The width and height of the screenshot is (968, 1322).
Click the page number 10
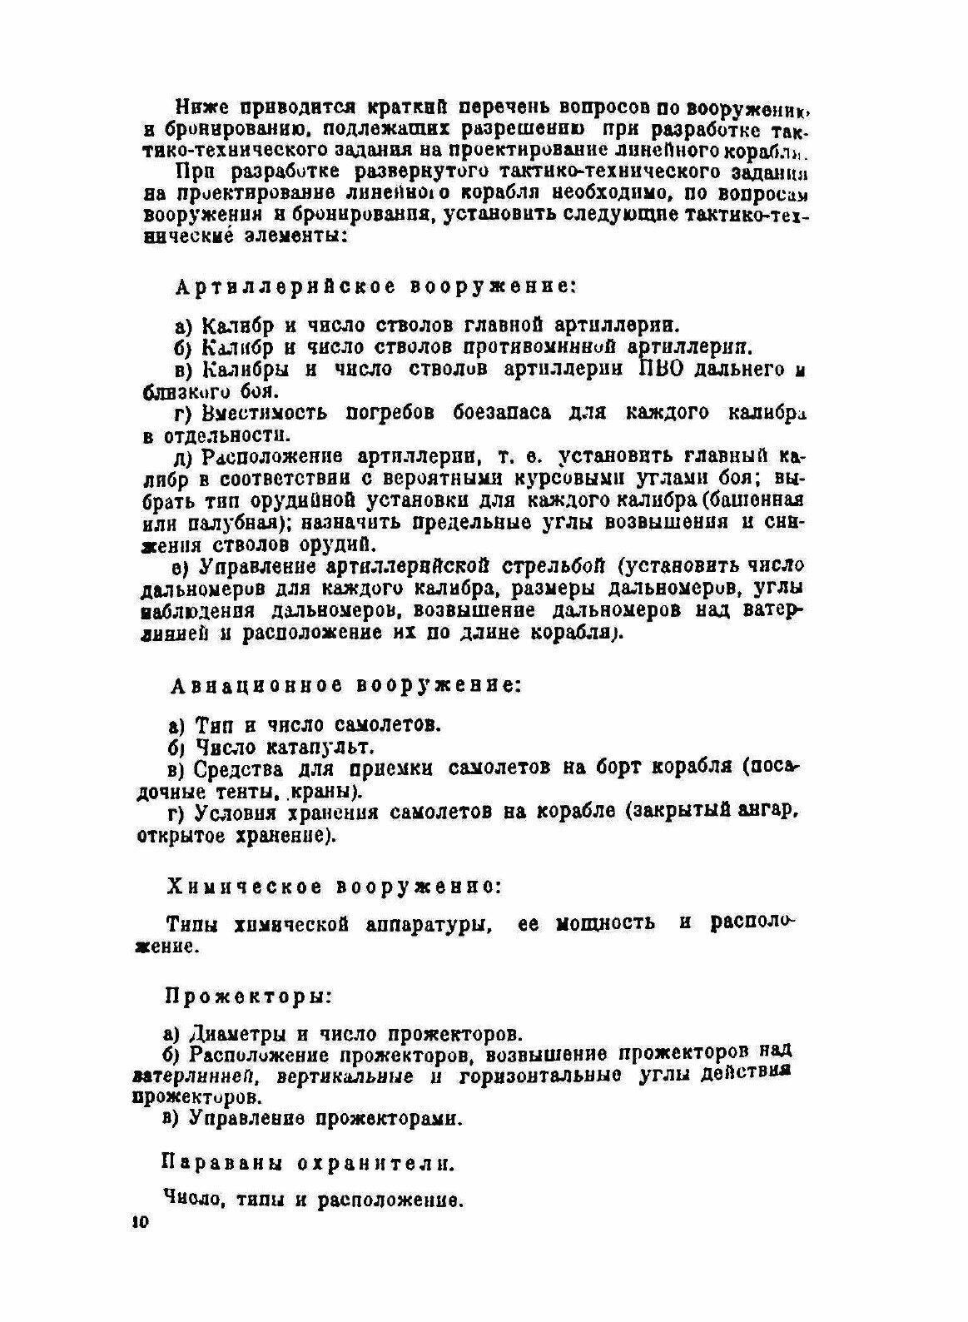138,1222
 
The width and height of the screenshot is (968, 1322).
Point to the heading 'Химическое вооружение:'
334,887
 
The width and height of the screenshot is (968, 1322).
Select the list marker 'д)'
183,457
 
